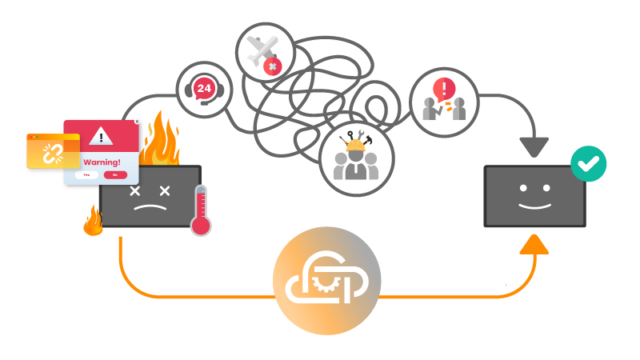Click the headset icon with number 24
(203, 87)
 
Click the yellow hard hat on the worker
(354, 144)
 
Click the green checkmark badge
(588, 165)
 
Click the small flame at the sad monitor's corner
(93, 222)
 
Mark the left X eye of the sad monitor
(134, 190)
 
